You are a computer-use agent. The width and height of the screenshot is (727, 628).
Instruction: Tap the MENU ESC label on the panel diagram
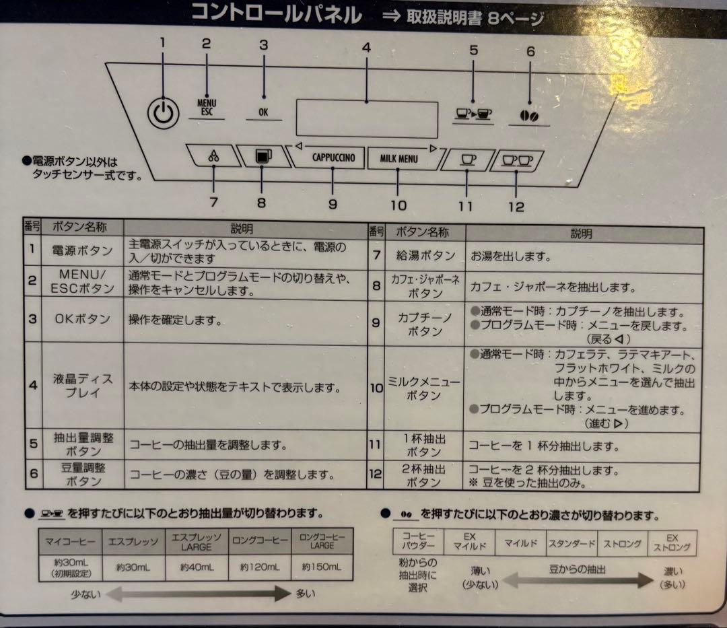coord(207,108)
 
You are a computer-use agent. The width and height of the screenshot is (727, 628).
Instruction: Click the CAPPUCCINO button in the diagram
coord(333,159)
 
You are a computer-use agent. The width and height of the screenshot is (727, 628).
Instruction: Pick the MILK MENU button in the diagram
coord(398,159)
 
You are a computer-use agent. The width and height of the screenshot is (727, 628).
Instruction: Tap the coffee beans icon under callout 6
coord(529,115)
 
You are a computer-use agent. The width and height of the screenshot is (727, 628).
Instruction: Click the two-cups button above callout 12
coord(517,160)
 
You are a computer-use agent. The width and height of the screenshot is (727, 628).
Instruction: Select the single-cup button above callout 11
coord(467,160)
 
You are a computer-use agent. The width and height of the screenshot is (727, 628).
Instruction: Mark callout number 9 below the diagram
coord(333,205)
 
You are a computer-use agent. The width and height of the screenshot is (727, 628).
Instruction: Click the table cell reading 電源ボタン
coord(82,251)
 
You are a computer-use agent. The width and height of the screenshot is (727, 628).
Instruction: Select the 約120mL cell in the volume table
coord(259,567)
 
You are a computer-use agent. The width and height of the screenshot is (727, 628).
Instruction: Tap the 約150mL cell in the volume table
coord(322,567)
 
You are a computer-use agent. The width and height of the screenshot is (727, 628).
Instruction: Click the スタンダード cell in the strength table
coord(572,543)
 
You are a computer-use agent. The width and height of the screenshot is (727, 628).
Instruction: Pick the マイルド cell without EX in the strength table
coord(520,543)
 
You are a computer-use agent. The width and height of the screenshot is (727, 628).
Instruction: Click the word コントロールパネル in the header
coord(277,13)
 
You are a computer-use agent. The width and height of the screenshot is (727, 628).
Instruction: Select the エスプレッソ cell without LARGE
coord(133,540)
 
